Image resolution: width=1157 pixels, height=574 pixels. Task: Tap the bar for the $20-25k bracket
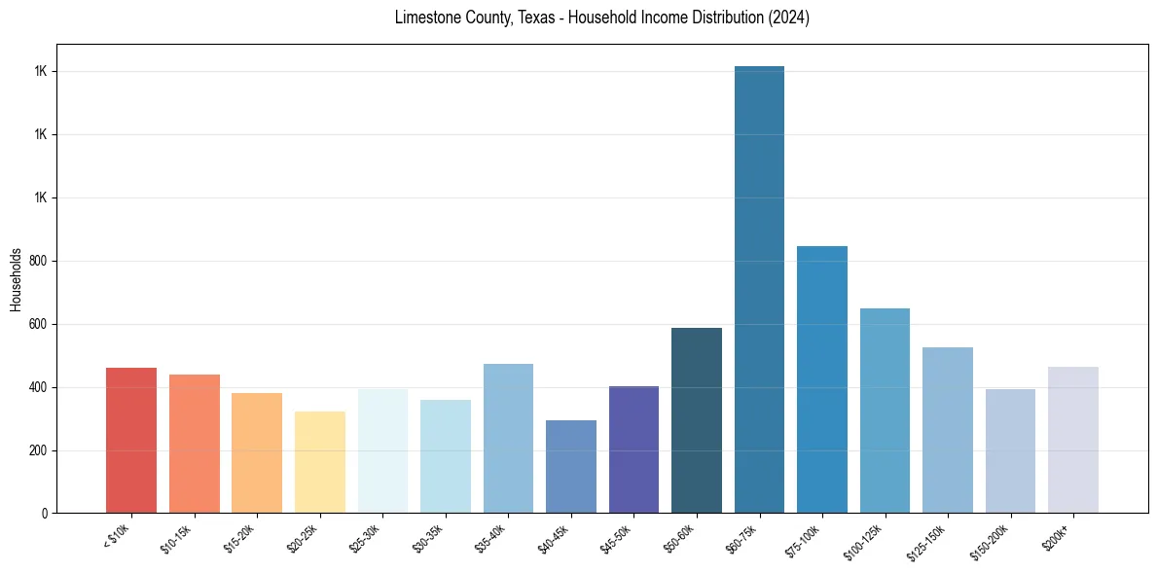click(x=320, y=462)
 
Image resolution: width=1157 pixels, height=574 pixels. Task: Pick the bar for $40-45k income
click(x=571, y=467)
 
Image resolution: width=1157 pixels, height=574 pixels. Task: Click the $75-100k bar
click(x=822, y=379)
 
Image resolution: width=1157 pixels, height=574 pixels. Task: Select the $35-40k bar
click(x=508, y=439)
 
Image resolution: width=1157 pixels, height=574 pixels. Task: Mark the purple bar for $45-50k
click(x=633, y=449)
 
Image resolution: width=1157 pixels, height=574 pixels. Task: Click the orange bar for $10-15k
click(x=195, y=444)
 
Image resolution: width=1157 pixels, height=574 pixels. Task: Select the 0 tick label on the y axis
click(x=44, y=514)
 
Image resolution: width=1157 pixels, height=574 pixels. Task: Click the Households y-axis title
click(x=16, y=279)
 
